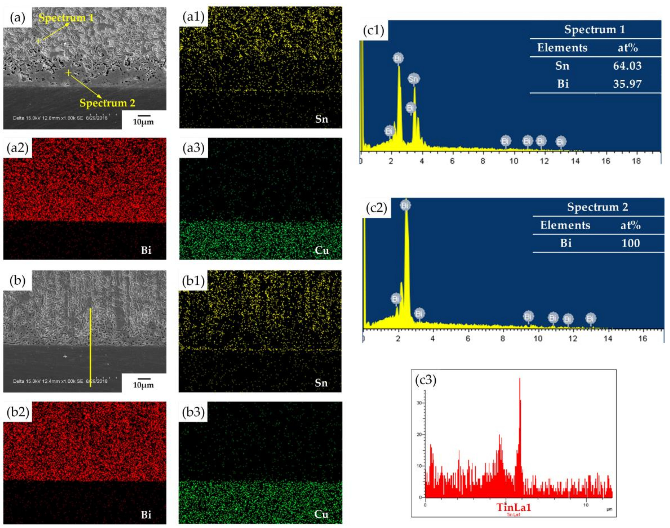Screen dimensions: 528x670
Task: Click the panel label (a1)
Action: [193, 17]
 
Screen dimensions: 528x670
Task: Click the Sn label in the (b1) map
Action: [321, 383]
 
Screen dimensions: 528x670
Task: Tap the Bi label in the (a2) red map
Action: [146, 250]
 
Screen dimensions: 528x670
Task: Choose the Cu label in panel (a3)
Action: [322, 250]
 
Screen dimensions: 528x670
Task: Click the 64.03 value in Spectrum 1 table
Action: [627, 66]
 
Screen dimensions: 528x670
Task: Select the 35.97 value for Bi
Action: [627, 84]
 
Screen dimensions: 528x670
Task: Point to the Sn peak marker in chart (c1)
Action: [413, 79]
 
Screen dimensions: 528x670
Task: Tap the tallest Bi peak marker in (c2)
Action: [405, 205]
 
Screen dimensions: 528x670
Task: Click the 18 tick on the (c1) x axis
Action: [636, 161]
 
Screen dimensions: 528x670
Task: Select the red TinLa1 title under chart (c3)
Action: [514, 507]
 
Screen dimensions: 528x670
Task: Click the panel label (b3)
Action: [193, 412]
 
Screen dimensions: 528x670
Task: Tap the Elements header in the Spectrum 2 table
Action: [565, 225]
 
